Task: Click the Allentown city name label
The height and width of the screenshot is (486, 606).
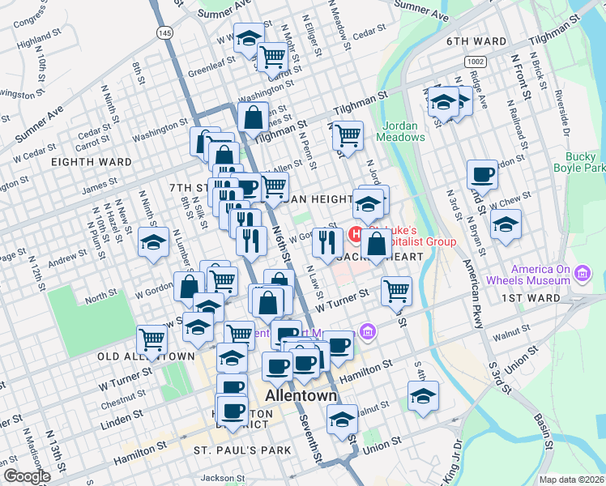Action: pyautogui.click(x=301, y=396)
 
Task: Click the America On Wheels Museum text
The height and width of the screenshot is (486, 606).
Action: pyautogui.click(x=540, y=275)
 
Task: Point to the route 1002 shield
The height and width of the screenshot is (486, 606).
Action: pyautogui.click(x=476, y=62)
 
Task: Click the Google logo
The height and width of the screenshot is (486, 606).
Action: pyautogui.click(x=27, y=476)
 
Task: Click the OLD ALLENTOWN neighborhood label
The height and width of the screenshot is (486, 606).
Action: pyautogui.click(x=146, y=356)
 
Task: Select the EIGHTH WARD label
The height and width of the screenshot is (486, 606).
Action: pyautogui.click(x=91, y=162)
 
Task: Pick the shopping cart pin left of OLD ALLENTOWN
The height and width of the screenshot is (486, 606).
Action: pyautogui.click(x=151, y=339)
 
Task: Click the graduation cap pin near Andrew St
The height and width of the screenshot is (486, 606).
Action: pyautogui.click(x=152, y=242)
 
